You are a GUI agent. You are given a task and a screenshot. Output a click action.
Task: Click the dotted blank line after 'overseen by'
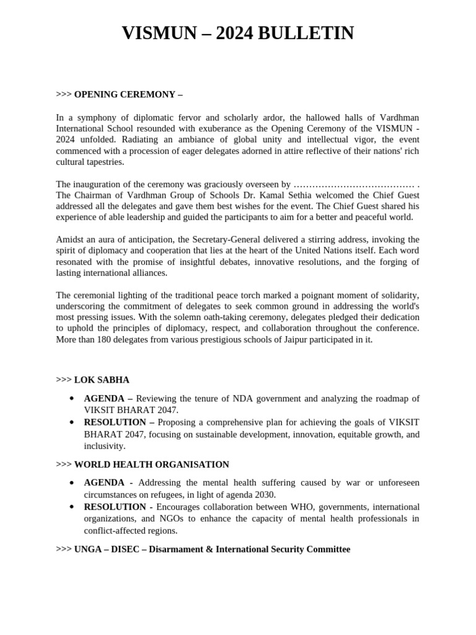pyautogui.click(x=353, y=184)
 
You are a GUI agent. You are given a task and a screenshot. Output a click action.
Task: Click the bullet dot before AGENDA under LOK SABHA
pyautogui.click(x=73, y=398)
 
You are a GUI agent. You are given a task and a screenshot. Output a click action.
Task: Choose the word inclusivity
pyautogui.click(x=105, y=445)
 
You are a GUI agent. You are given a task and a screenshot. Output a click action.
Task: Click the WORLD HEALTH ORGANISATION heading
pyautogui.click(x=151, y=464)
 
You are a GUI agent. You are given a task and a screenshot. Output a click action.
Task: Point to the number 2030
pyautogui.click(x=265, y=494)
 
